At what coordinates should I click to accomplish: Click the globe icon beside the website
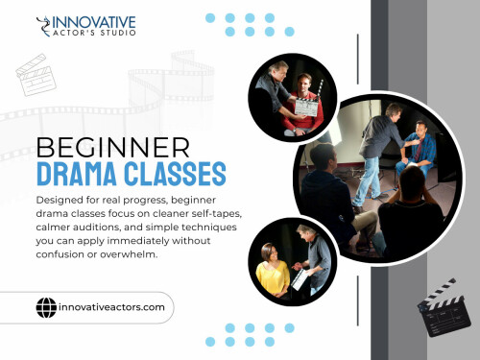pyautogui.click(x=46, y=308)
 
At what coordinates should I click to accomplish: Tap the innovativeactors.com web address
pyautogui.click(x=112, y=309)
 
